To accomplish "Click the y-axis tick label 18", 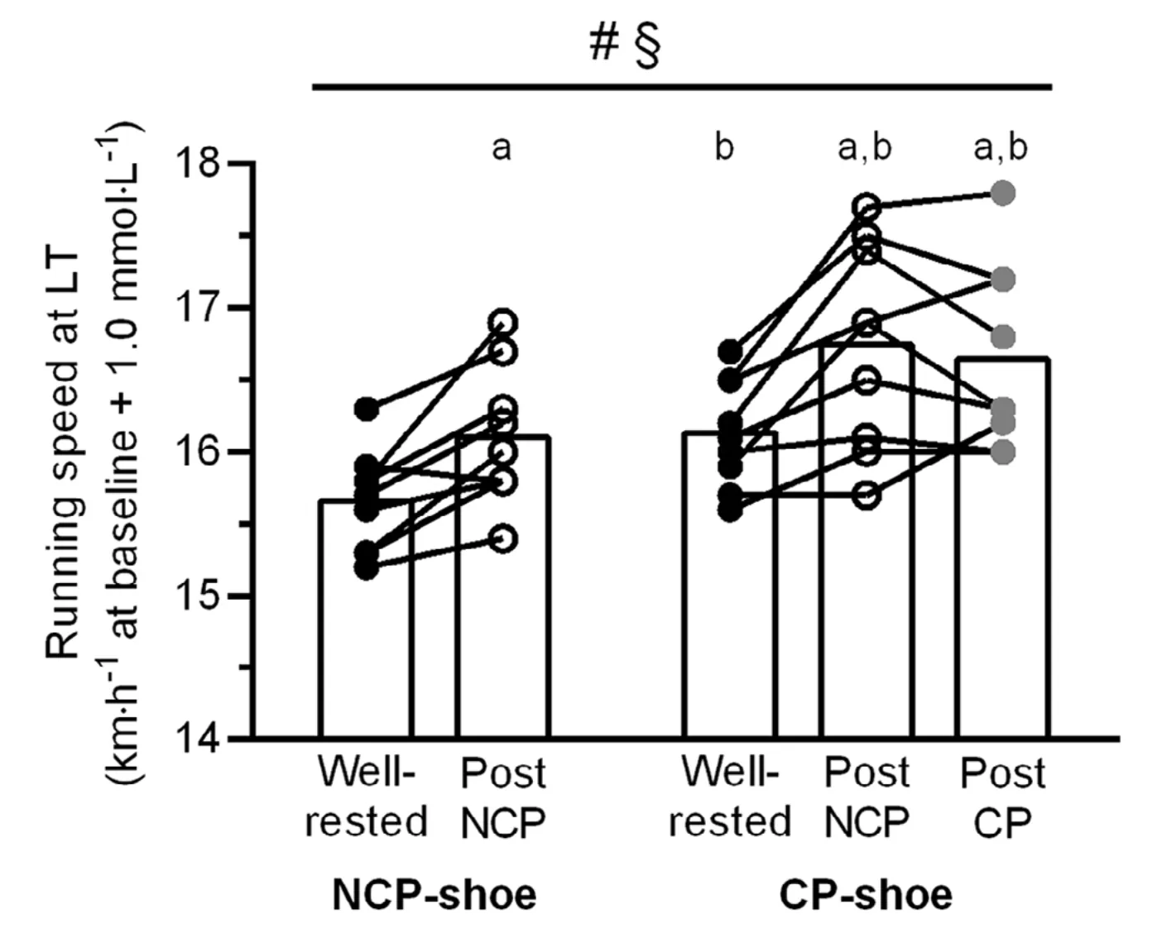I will coord(199,163).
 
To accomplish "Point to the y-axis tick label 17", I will coord(199,308).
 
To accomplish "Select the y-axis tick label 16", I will coord(199,452).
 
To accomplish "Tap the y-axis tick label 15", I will coord(199,596).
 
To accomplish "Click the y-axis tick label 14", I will coord(199,739).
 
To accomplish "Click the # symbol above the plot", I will coord(603,44).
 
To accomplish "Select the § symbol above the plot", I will coord(646,46).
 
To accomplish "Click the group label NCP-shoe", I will coord(434,895).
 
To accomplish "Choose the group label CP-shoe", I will coord(866,895).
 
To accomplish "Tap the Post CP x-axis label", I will coord(1002,797).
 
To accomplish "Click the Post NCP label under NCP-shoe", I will coord(502,797).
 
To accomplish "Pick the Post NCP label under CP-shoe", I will coord(867,797).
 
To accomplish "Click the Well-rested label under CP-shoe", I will coord(730,797).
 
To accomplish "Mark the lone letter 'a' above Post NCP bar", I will coord(502,149).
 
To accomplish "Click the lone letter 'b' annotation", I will coord(724,147).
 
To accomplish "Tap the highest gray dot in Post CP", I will coord(1003,194).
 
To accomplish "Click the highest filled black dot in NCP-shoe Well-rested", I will coord(367,408).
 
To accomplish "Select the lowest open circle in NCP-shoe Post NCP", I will coord(503,539).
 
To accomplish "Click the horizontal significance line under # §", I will coord(682,86).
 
